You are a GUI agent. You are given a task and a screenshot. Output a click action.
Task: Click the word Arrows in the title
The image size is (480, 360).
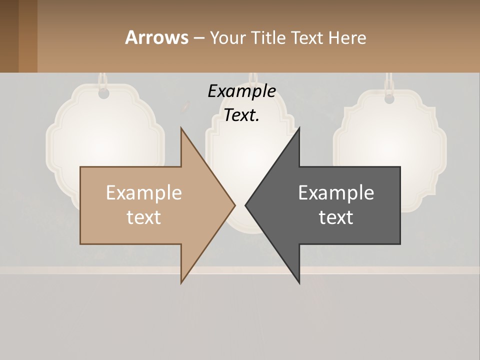[156, 37]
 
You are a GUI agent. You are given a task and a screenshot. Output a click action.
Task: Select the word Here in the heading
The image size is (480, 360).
[347, 37]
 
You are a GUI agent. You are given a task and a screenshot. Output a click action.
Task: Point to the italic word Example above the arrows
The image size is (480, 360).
[242, 91]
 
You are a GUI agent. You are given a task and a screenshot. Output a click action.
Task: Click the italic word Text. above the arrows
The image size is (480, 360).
[242, 115]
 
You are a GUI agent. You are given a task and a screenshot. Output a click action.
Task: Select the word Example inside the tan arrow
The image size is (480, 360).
[144, 192]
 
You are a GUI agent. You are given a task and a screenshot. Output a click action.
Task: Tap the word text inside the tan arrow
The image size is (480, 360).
[144, 217]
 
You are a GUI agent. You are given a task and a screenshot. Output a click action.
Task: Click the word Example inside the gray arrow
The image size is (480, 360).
[336, 192]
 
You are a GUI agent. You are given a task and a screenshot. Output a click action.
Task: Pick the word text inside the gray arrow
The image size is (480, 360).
[336, 217]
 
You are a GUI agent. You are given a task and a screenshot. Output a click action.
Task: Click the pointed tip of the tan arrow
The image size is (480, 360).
[234, 205]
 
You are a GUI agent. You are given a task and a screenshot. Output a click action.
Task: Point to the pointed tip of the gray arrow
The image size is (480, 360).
[246, 205]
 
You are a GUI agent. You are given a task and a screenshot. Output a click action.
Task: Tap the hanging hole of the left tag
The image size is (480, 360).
[103, 93]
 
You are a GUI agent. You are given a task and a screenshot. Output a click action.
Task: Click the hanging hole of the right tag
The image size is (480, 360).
[389, 98]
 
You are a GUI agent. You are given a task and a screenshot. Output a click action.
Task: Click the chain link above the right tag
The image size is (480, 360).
[389, 81]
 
